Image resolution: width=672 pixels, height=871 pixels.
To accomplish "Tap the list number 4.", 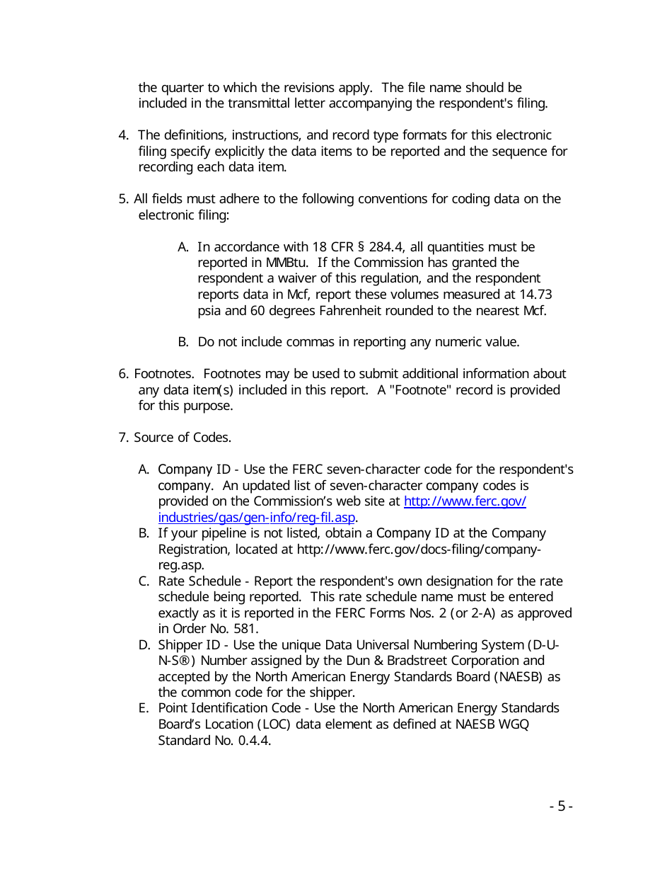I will (123, 135).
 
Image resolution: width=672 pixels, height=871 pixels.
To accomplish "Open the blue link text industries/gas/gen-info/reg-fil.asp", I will (257, 517).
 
